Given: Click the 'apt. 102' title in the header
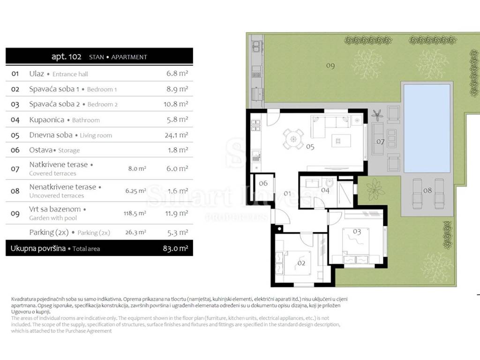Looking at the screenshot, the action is (x=67, y=57).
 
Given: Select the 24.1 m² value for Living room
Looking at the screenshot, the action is (x=176, y=135).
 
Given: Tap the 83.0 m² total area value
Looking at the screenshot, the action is (x=175, y=248).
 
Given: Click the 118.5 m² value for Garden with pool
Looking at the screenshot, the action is (x=135, y=213).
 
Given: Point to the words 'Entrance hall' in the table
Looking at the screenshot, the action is (x=70, y=74).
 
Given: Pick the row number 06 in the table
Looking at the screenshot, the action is (x=15, y=150).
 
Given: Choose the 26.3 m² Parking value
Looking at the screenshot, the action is (x=135, y=232).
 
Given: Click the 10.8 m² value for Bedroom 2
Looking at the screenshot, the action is (x=176, y=104).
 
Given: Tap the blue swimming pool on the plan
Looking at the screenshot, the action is (x=427, y=128).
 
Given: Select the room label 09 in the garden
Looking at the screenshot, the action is (x=330, y=66).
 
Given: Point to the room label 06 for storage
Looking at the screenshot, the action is (x=263, y=183).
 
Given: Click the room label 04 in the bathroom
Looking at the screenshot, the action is (x=325, y=191).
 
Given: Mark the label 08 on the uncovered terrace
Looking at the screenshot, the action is (x=427, y=191).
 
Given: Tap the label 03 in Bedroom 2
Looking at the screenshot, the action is (x=357, y=232).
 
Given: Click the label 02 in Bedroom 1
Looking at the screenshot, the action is (x=301, y=263).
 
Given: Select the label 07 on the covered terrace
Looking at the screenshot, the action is (x=380, y=142).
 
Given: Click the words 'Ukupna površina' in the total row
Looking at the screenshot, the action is (x=38, y=248).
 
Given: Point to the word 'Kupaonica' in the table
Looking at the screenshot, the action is (x=47, y=120).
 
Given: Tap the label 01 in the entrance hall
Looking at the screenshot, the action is (x=287, y=194).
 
